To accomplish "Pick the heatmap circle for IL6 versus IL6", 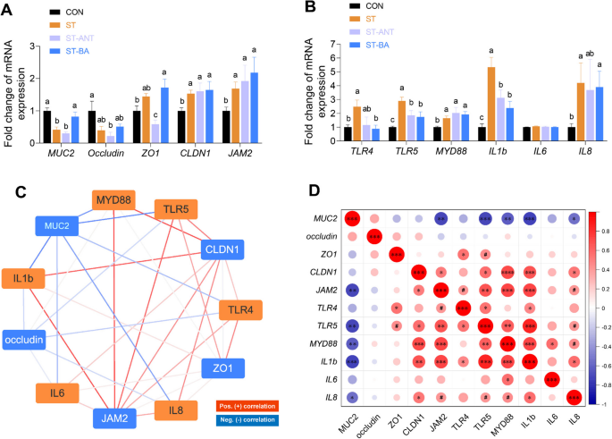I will [x=550, y=379].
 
